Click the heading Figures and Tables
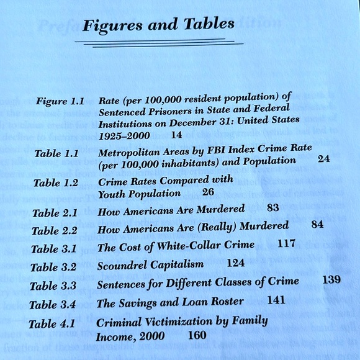159,25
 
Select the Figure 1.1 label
60,101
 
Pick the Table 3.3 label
53,286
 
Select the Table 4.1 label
52,323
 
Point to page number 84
317,224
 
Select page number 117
286,244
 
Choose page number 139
331,279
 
